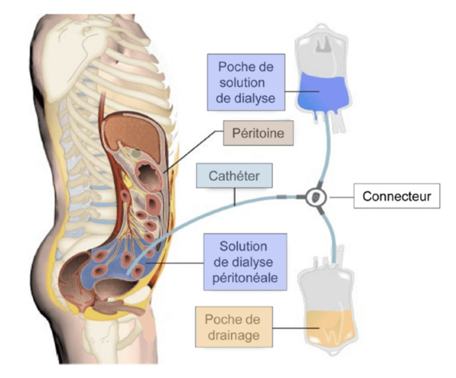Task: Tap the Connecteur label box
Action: pyautogui.click(x=397, y=196)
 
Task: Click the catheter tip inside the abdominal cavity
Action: pyautogui.click(x=128, y=271)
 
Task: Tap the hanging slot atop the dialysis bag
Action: pyautogui.click(x=323, y=43)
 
